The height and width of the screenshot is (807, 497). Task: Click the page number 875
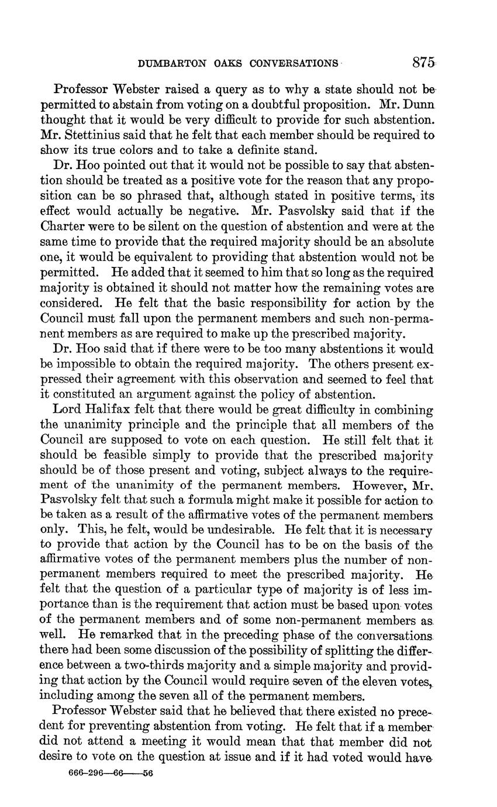[x=423, y=63]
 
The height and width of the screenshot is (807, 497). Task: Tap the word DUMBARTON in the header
[x=173, y=63]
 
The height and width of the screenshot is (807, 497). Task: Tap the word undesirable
[x=232, y=531]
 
